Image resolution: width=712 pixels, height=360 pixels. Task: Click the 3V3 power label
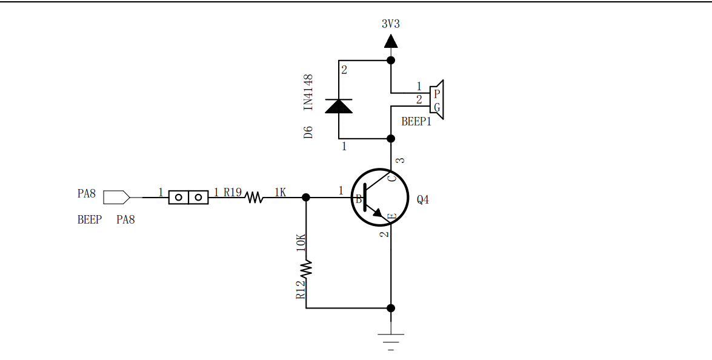tap(390, 24)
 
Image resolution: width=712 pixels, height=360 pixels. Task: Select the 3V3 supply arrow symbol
tap(391, 41)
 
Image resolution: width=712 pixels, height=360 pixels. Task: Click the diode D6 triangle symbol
tap(338, 106)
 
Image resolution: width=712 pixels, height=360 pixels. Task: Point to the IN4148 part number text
tap(308, 92)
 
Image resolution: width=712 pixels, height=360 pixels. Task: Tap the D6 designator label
tap(308, 133)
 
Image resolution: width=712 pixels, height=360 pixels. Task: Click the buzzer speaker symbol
tap(437, 100)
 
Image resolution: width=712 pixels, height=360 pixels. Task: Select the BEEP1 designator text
tap(416, 121)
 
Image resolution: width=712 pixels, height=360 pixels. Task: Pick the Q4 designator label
tap(422, 199)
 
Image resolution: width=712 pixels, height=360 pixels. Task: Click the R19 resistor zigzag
tap(255, 197)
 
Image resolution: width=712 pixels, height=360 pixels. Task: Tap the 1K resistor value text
tap(280, 192)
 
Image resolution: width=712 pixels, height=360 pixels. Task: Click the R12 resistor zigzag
tap(306, 268)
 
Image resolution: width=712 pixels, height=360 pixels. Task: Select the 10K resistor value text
tap(301, 242)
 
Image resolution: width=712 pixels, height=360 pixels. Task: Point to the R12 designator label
tap(301, 290)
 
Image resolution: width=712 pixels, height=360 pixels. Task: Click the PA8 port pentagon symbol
tap(116, 197)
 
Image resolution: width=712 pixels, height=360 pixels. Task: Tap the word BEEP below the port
tap(89, 220)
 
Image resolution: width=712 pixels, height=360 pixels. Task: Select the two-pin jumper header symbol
tap(188, 197)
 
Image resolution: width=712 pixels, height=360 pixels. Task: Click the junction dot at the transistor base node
tap(306, 197)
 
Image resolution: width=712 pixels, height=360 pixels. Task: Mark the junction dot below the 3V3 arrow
tap(391, 60)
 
